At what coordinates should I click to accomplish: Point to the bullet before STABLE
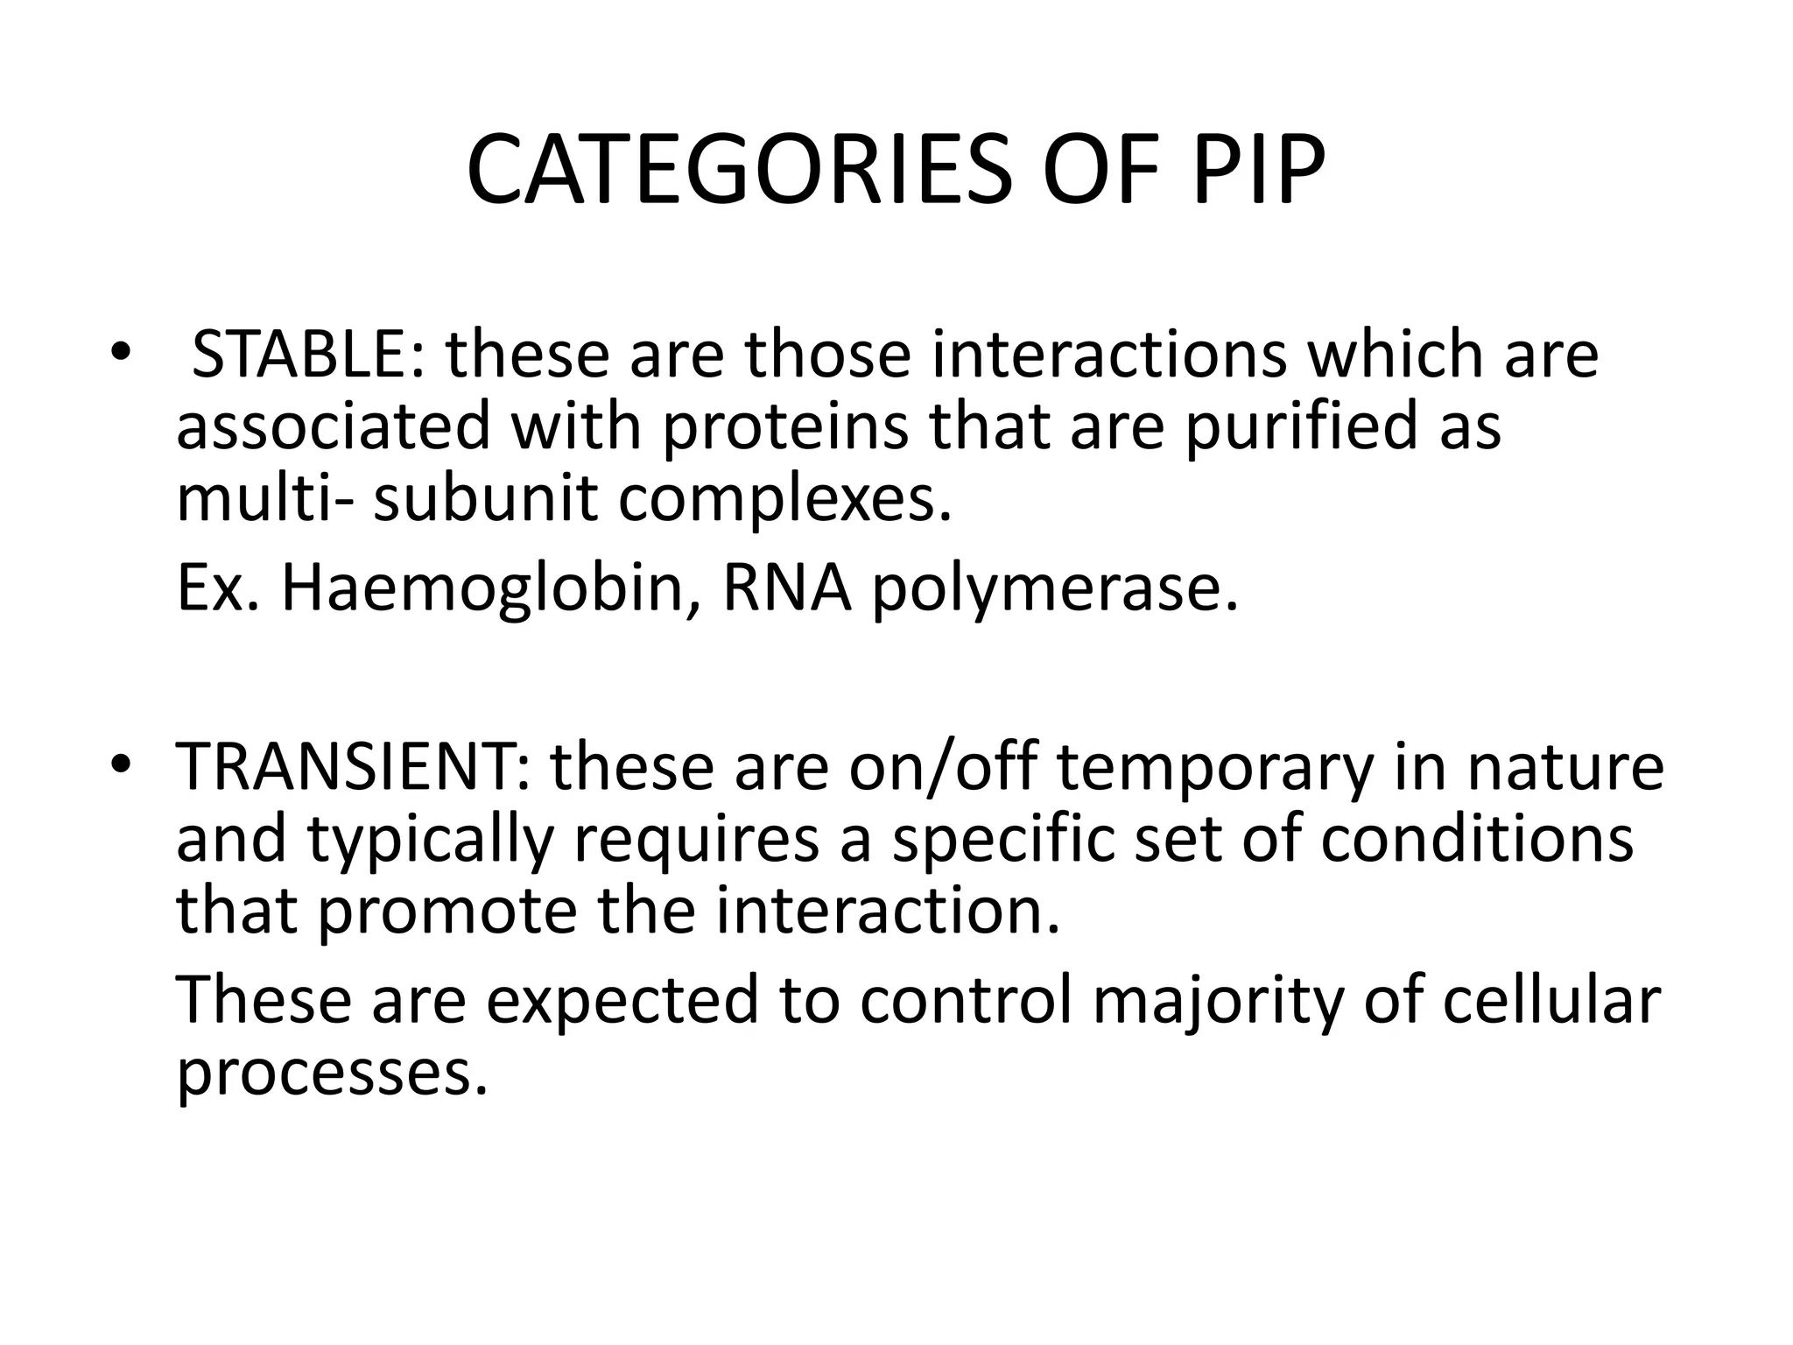120,353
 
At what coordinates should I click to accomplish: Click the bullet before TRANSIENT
120,764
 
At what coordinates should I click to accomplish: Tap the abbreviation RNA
787,588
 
